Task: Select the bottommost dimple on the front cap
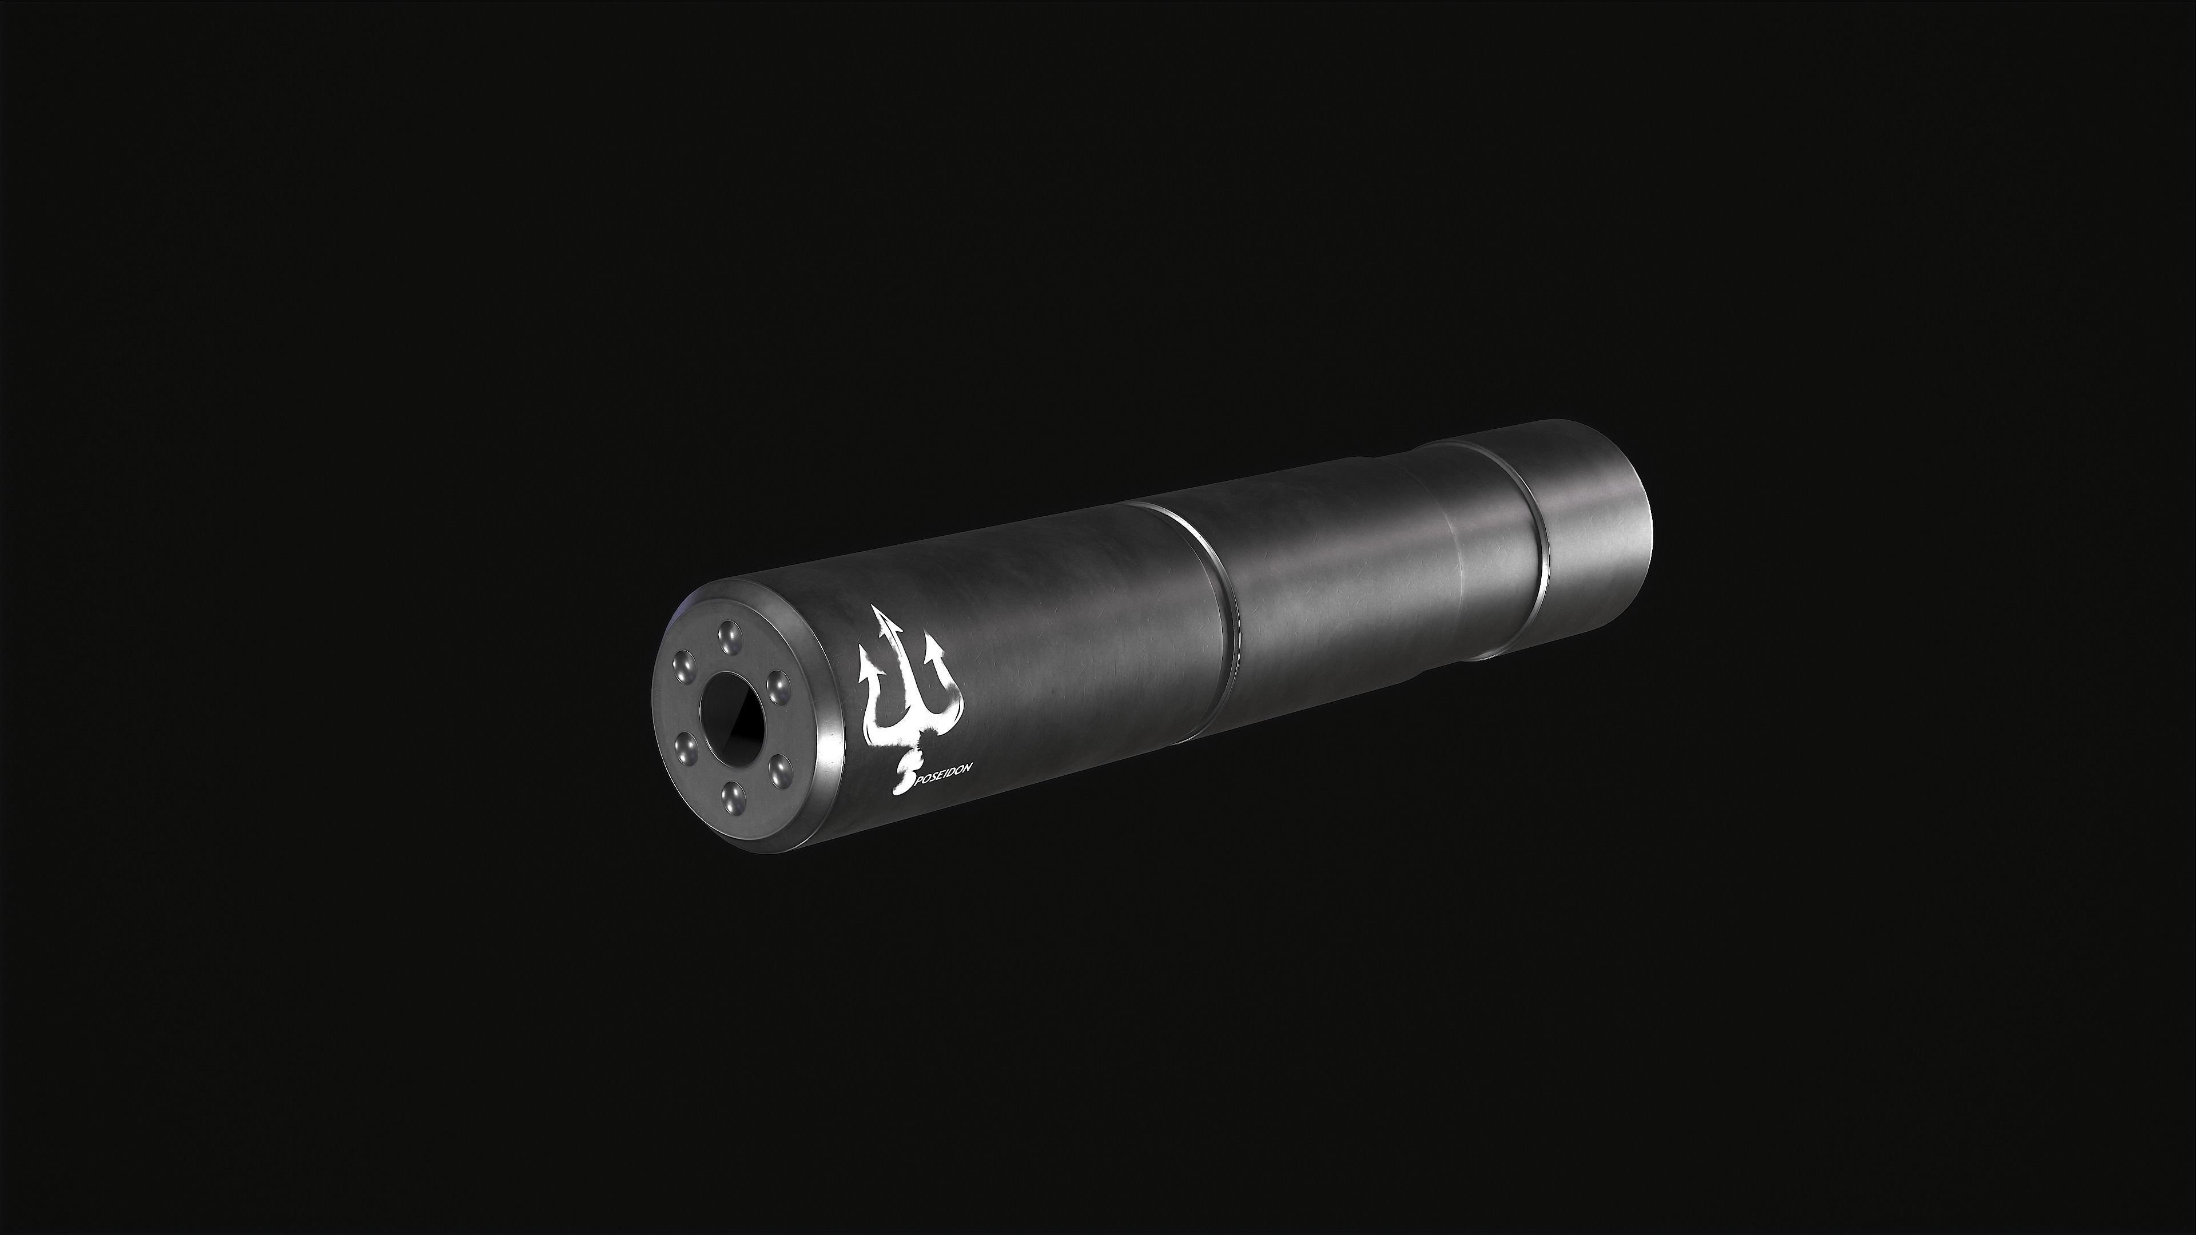click(732, 799)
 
